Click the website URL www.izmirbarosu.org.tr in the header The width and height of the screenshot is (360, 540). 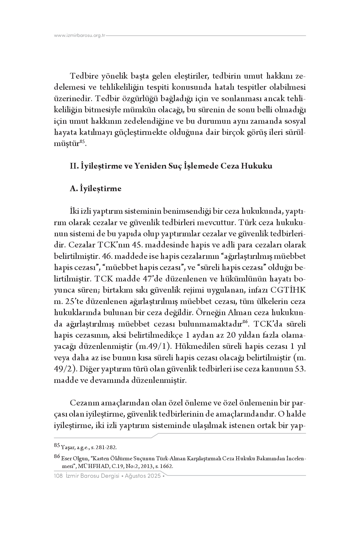click(x=80, y=36)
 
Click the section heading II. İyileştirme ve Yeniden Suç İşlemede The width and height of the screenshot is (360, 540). click(x=171, y=166)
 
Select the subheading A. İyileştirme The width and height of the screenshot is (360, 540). click(x=95, y=189)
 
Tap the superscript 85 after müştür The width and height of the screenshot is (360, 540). click(x=82, y=141)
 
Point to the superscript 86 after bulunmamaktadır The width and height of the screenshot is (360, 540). click(x=245, y=322)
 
